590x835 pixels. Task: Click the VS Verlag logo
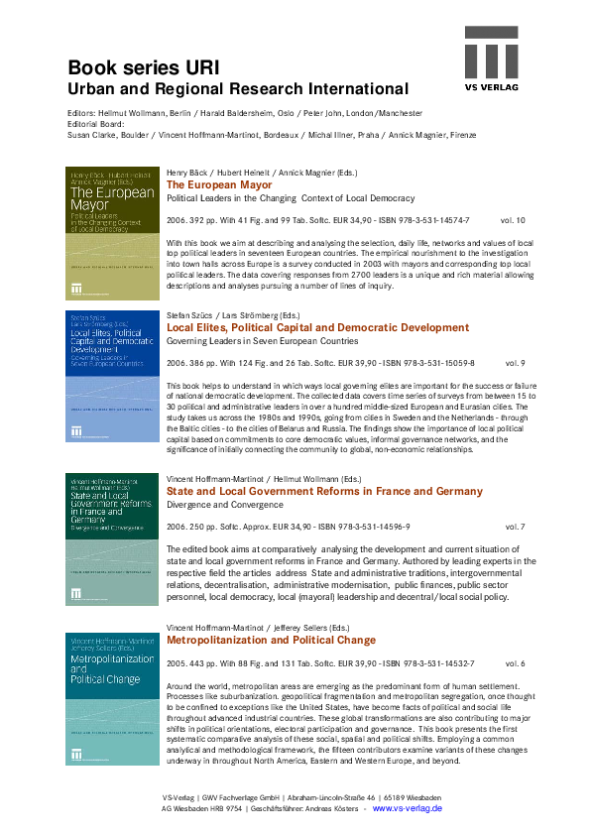pos(493,59)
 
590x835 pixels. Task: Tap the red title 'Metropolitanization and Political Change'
pos(271,641)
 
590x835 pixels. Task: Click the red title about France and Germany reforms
pos(324,491)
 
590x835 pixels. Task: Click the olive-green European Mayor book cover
pos(111,234)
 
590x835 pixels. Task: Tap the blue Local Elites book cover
pos(111,376)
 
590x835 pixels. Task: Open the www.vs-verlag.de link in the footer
pos(408,809)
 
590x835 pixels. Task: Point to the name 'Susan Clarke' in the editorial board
pos(92,134)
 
